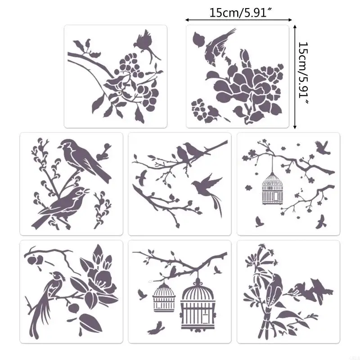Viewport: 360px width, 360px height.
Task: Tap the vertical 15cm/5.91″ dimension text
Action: point(304,74)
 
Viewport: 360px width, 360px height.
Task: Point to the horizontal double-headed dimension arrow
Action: point(238,20)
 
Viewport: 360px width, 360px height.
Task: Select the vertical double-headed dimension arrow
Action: point(295,76)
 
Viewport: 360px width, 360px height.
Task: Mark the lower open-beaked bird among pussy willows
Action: point(63,205)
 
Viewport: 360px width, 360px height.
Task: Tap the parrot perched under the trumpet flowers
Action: point(272,292)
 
